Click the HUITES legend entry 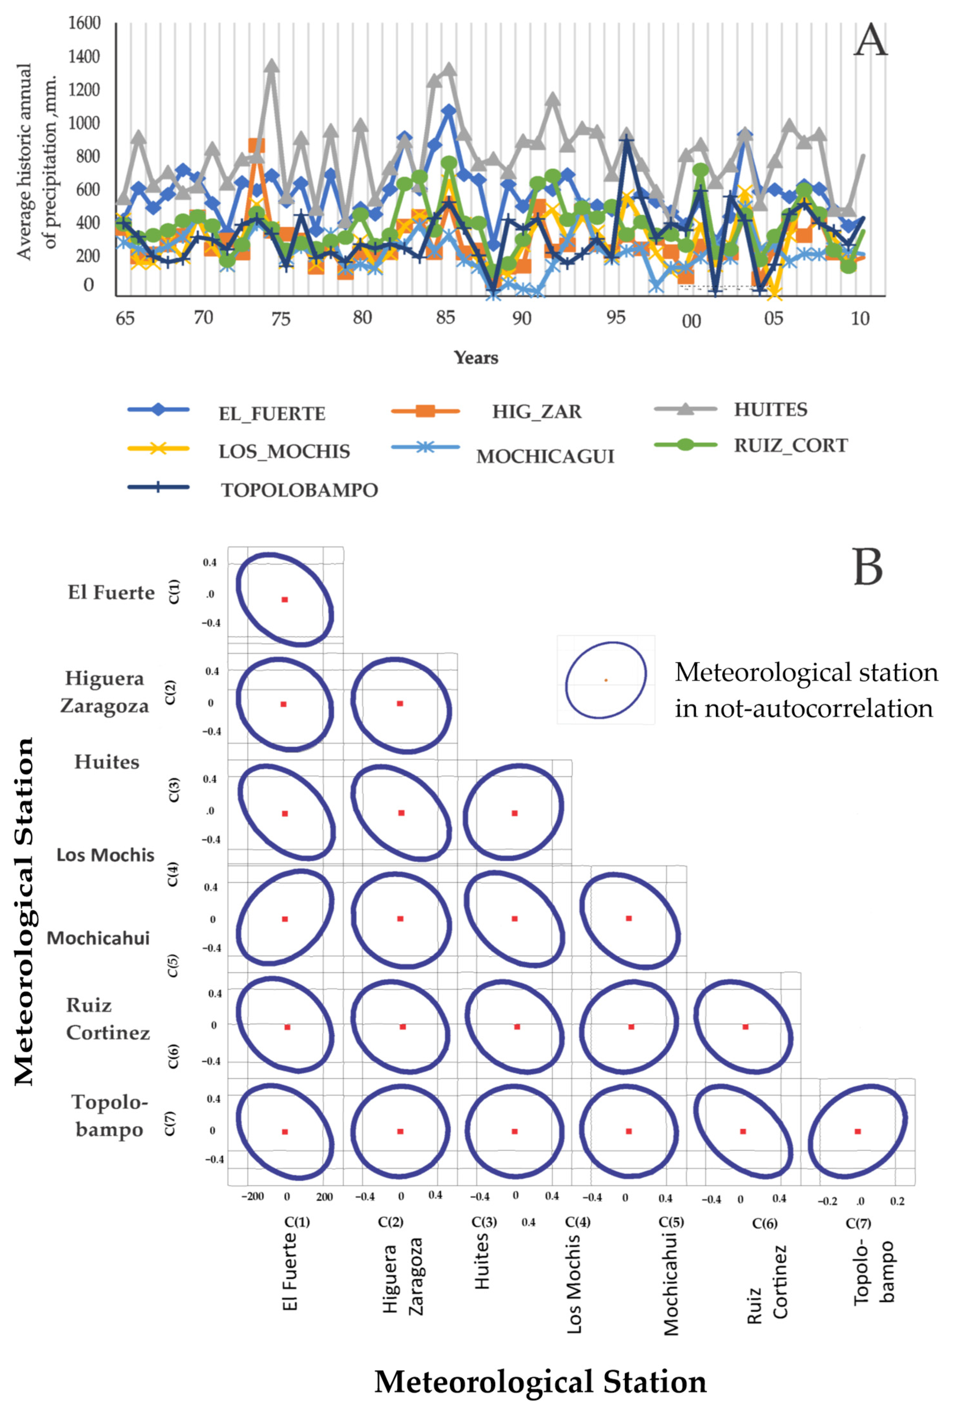pyautogui.click(x=770, y=409)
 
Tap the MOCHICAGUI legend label pyautogui.click(x=545, y=456)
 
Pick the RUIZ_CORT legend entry pyautogui.click(x=791, y=445)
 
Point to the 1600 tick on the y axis pyautogui.click(x=84, y=23)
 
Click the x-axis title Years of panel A pyautogui.click(x=476, y=358)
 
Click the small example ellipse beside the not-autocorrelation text pyautogui.click(x=606, y=680)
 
